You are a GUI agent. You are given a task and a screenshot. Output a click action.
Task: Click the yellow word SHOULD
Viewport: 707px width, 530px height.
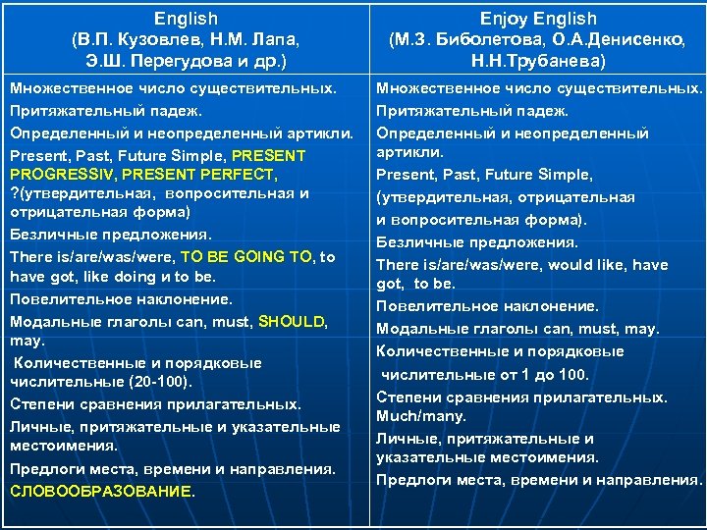click(x=293, y=321)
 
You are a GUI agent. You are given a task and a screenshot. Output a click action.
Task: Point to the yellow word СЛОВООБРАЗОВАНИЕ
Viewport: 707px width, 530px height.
click(x=101, y=491)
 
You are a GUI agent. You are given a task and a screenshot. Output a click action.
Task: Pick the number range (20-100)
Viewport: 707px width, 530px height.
click(x=159, y=381)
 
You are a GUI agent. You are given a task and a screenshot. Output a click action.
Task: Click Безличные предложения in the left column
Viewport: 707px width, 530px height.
click(x=110, y=235)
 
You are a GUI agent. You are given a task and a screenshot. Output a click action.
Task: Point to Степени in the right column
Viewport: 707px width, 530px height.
click(x=408, y=397)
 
